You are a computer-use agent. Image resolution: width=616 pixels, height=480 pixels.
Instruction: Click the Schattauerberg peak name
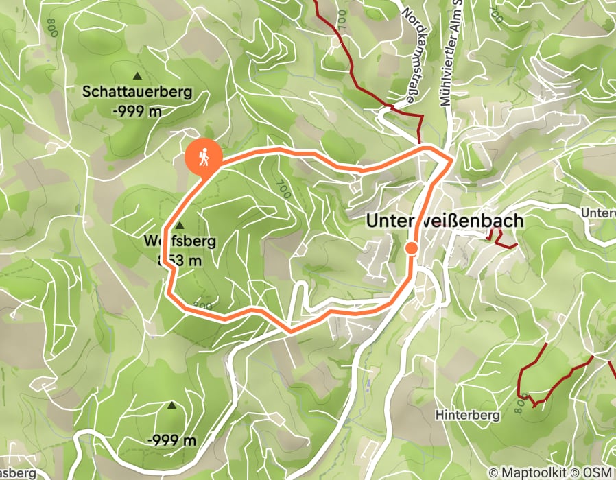click(137, 91)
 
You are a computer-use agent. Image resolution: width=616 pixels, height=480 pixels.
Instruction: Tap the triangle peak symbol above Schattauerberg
click(137, 75)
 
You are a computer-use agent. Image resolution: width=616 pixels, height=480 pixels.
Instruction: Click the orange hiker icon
click(204, 158)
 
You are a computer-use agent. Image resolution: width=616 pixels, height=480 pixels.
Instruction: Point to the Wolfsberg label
click(180, 241)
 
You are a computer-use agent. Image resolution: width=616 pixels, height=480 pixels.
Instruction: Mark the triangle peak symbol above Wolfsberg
click(180, 226)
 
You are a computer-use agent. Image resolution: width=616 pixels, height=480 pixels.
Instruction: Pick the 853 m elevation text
click(180, 260)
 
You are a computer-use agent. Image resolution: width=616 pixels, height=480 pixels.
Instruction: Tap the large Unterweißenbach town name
click(445, 221)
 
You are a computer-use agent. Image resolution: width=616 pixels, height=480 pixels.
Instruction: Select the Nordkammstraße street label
click(410, 55)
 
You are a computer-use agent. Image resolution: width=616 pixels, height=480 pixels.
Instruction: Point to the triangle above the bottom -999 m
click(171, 406)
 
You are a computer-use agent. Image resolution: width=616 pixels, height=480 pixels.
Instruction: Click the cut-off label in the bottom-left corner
click(17, 473)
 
